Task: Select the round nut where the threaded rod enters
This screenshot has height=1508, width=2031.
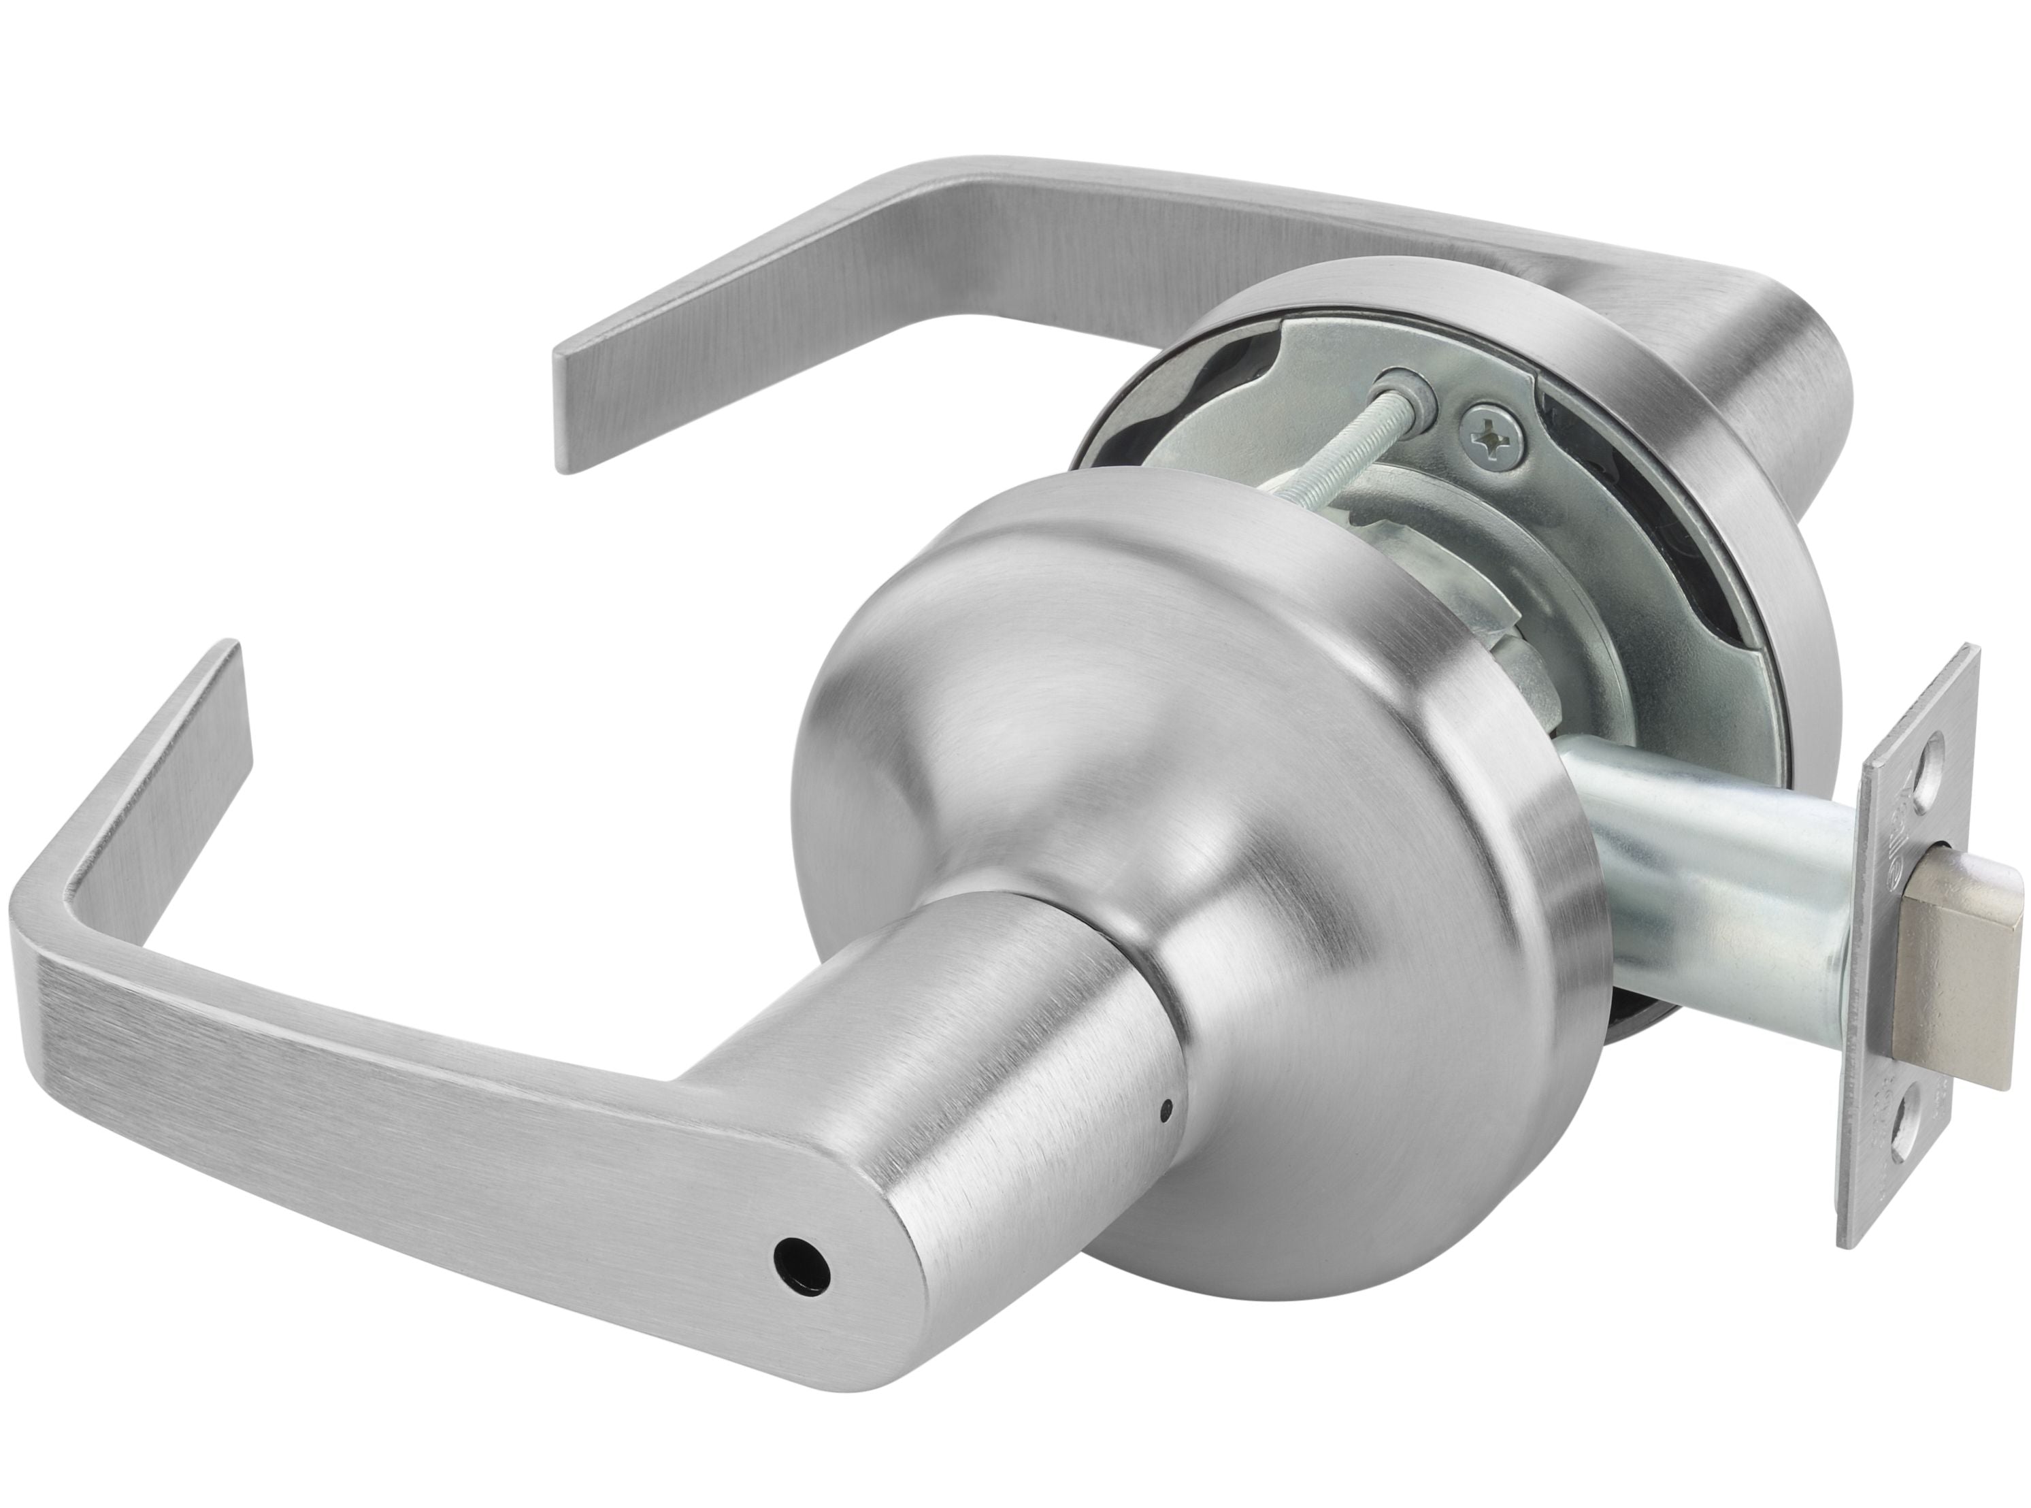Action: [1413, 394]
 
